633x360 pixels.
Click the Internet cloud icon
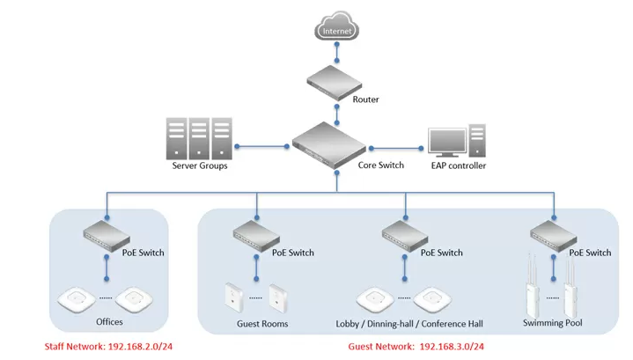tap(337, 31)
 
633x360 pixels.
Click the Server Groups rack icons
tap(198, 138)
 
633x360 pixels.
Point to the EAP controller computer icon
tap(457, 141)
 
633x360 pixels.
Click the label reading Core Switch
tap(382, 165)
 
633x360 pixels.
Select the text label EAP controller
tap(458, 165)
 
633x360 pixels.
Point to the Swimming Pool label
tap(553, 324)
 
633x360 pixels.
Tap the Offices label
tap(109, 322)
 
